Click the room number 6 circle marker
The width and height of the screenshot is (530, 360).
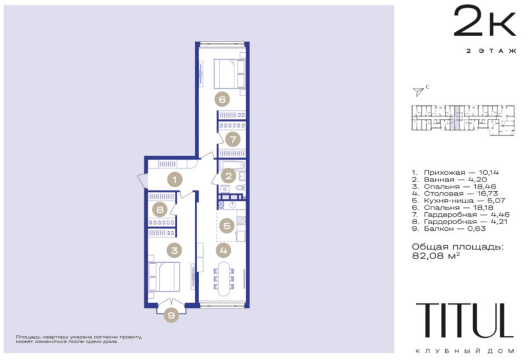click(222, 99)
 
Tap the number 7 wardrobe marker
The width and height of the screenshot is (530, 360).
click(233, 139)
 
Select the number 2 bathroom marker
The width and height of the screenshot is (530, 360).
click(228, 175)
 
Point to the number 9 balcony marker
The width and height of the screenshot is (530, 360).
click(171, 316)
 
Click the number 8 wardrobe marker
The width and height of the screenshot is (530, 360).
click(160, 210)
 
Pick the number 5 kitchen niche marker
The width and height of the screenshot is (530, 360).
click(227, 225)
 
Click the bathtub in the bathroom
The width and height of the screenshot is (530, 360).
click(233, 166)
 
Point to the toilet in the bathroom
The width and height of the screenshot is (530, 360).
click(241, 188)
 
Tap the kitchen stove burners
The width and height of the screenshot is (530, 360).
click(241, 221)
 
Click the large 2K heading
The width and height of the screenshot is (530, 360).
click(485, 21)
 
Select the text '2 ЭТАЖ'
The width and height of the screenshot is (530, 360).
click(491, 51)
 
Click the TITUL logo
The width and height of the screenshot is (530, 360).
click(465, 320)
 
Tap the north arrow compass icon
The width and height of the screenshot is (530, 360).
click(418, 91)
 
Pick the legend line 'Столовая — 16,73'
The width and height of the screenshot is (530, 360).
click(455, 194)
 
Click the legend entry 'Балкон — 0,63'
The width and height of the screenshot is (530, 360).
click(449, 228)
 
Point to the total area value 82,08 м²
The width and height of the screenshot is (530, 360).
click(436, 256)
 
